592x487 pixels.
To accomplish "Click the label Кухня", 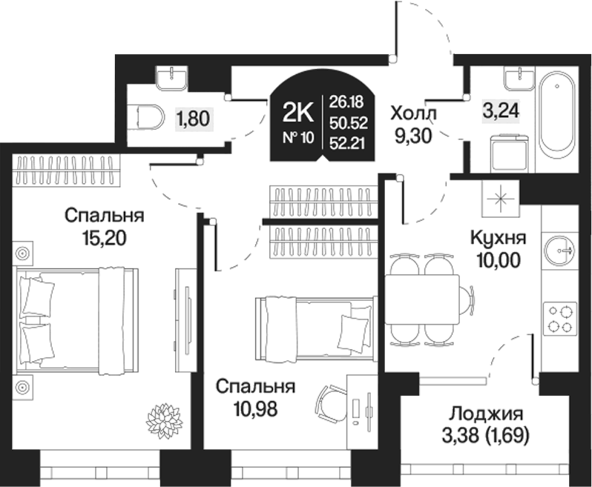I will coord(499,239).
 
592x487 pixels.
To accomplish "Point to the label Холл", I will coord(414,114).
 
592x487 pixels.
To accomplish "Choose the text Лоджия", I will coord(487,414).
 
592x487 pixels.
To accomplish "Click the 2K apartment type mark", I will coord(297,112).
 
